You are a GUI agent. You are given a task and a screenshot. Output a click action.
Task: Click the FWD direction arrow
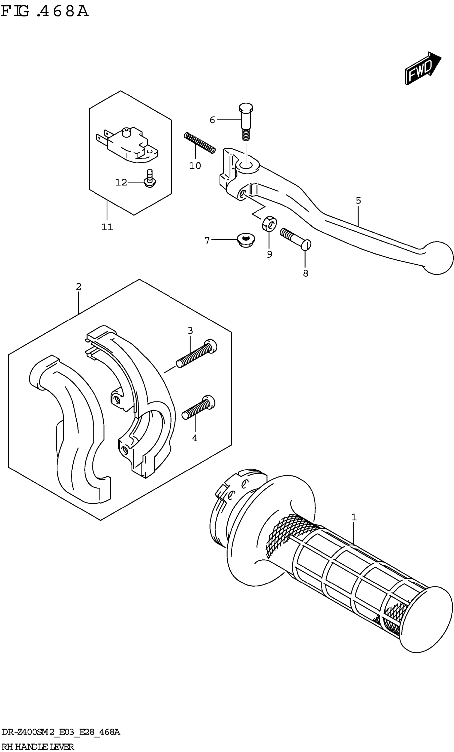click(x=422, y=68)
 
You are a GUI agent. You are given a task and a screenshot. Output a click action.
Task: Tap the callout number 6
click(x=212, y=120)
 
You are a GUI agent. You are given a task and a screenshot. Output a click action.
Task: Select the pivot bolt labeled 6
click(x=245, y=121)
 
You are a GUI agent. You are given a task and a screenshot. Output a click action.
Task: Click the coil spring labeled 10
click(x=200, y=142)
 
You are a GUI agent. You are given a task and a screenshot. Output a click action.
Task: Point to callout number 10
click(x=195, y=166)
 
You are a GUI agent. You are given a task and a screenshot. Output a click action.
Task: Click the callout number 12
click(x=121, y=182)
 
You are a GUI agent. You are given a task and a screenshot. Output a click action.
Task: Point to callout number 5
click(x=358, y=201)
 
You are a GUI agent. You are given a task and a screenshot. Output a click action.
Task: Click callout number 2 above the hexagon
click(x=79, y=287)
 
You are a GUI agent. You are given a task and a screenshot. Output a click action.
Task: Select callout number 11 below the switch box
click(x=107, y=227)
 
